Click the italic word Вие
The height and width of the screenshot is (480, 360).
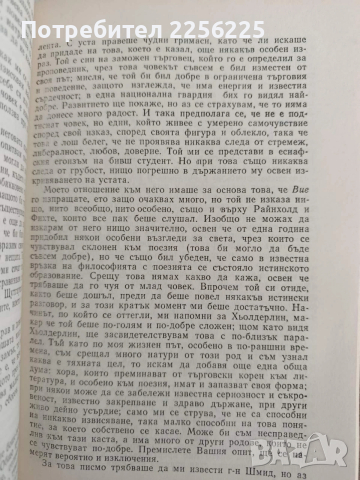318,227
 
